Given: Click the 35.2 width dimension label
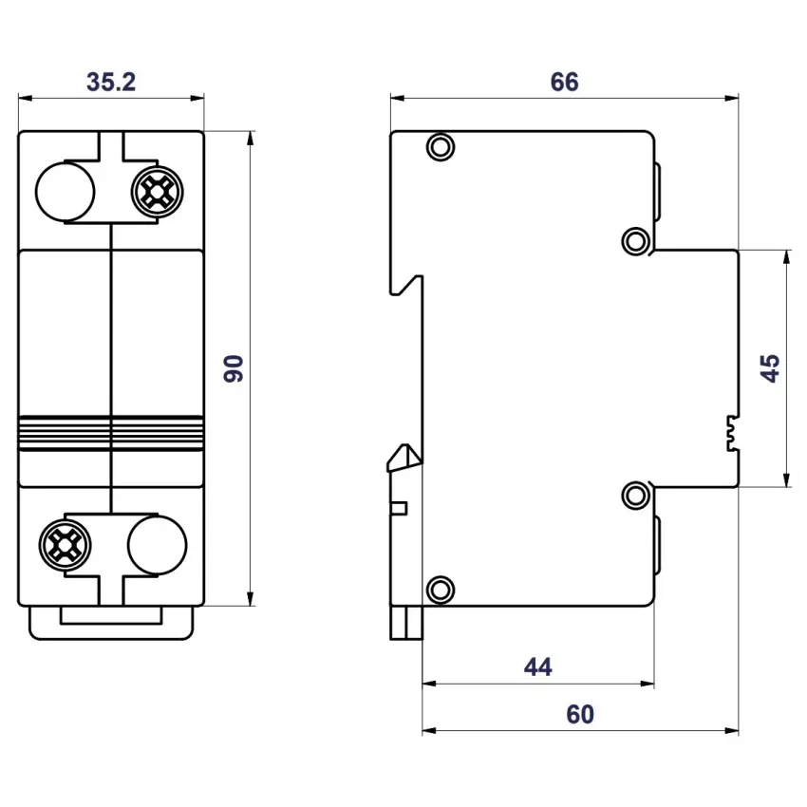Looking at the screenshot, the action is (x=111, y=82).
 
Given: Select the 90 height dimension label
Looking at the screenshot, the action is (x=234, y=368).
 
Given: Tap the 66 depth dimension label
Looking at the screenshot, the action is (x=564, y=82).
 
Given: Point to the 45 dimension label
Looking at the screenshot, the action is (x=770, y=368).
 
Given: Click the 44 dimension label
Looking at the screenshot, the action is (x=537, y=667).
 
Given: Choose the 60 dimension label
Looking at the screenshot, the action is (x=580, y=714).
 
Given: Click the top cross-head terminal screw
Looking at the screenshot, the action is (x=157, y=192).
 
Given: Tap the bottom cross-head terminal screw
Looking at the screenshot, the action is (x=66, y=545).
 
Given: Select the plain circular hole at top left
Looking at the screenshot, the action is (x=66, y=192).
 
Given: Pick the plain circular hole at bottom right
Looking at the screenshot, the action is (x=157, y=545).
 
